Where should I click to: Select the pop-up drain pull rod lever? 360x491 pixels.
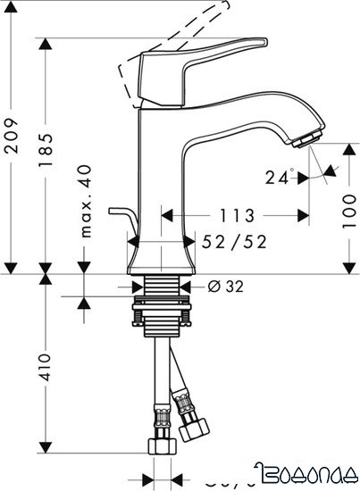click(118, 214)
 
